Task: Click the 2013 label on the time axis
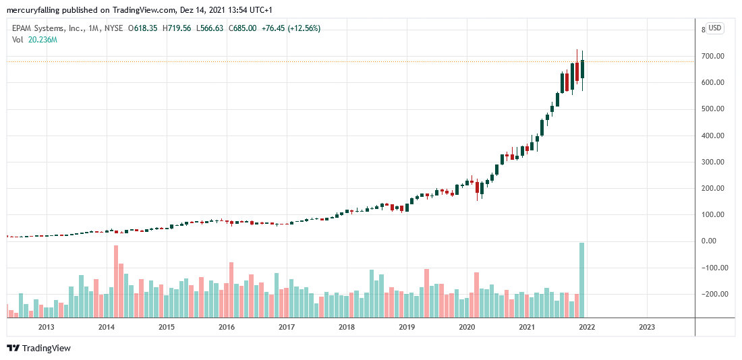46,327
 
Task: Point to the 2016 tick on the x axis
227,327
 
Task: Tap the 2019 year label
407,327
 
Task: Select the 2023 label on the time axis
646,327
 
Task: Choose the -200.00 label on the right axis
712,294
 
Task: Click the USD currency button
714,28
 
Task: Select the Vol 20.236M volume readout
34,40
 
